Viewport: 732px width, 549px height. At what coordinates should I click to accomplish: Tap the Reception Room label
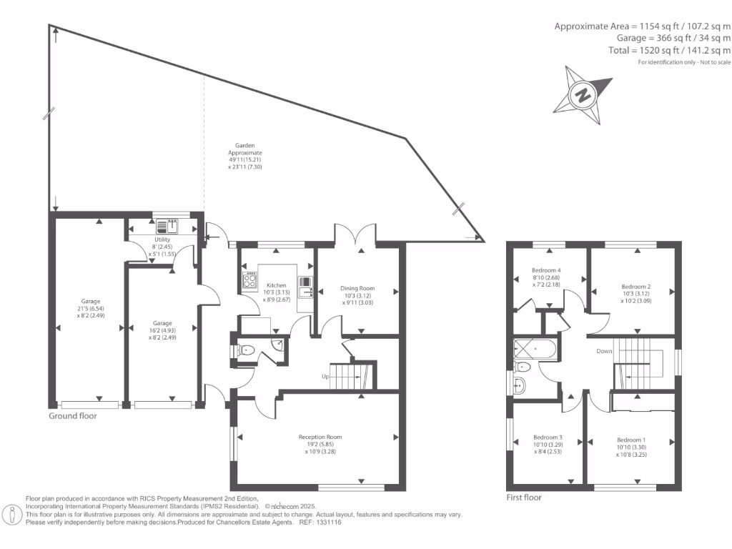[x=320, y=444]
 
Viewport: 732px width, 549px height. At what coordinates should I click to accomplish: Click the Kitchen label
[x=277, y=292]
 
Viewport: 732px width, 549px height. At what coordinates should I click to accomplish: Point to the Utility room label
[x=162, y=247]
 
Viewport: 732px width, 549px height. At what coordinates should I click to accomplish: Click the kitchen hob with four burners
[x=250, y=282]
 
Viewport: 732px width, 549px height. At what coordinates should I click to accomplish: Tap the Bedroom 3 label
[x=548, y=445]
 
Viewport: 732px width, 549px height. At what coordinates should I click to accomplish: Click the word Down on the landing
[x=605, y=351]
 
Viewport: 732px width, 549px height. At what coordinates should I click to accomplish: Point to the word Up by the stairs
[x=325, y=376]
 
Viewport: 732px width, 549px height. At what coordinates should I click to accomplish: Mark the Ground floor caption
[x=72, y=415]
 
